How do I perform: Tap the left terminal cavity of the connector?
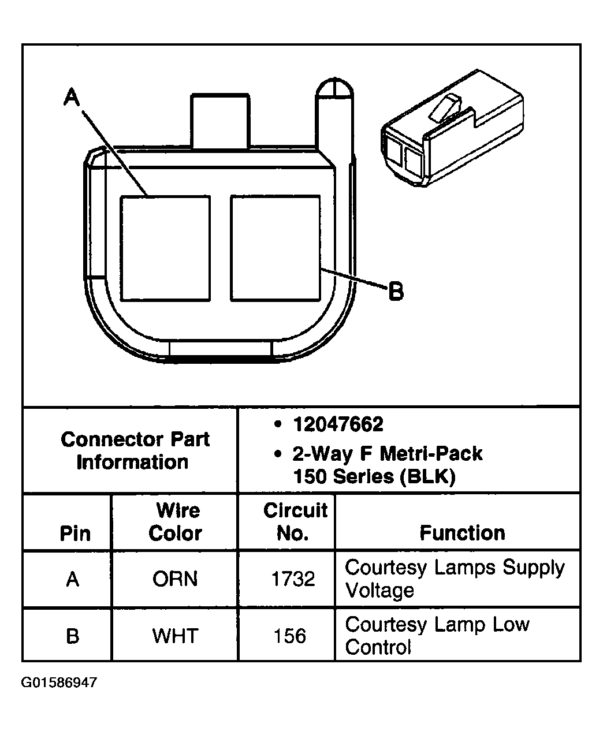click(165, 248)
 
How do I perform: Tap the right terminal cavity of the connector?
click(275, 248)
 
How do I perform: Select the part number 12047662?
click(338, 425)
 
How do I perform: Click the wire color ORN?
click(174, 579)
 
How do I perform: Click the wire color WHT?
click(174, 636)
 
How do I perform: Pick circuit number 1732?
click(293, 579)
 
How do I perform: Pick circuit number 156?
click(289, 636)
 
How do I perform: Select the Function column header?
click(462, 532)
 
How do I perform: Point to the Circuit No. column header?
click(295, 521)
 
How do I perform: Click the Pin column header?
click(75, 533)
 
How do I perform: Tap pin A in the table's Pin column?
click(72, 579)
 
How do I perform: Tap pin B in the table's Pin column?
click(72, 636)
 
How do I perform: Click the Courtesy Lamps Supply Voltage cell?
click(454, 579)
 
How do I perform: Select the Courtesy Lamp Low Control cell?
click(437, 635)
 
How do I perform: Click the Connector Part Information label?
click(135, 450)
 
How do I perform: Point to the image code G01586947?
click(59, 683)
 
